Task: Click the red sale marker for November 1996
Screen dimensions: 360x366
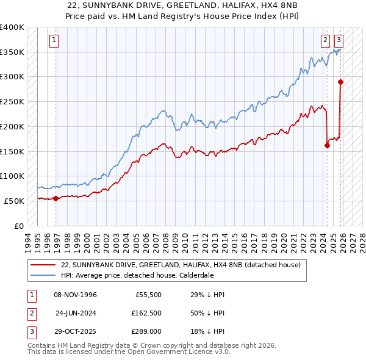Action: click(x=56, y=198)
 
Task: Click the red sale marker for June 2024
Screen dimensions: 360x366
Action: click(x=327, y=145)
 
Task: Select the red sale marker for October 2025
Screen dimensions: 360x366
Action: click(x=340, y=82)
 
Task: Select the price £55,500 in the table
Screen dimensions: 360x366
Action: click(x=145, y=295)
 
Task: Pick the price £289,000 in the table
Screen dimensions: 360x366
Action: click(x=146, y=333)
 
